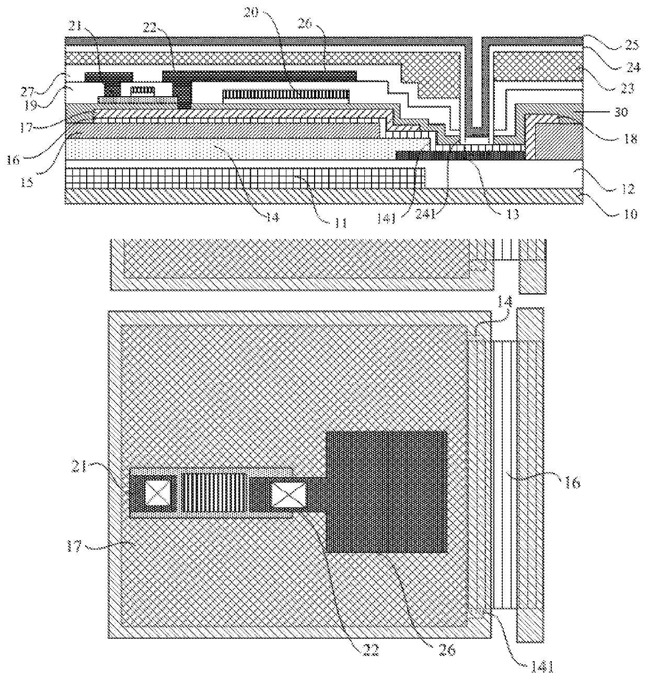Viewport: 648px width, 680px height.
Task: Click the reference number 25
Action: pyautogui.click(x=631, y=45)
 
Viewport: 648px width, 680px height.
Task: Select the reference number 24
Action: pyautogui.click(x=631, y=66)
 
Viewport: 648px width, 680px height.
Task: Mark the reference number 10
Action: pyautogui.click(x=630, y=214)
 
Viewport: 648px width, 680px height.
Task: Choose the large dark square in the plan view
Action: pyautogui.click(x=387, y=491)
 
